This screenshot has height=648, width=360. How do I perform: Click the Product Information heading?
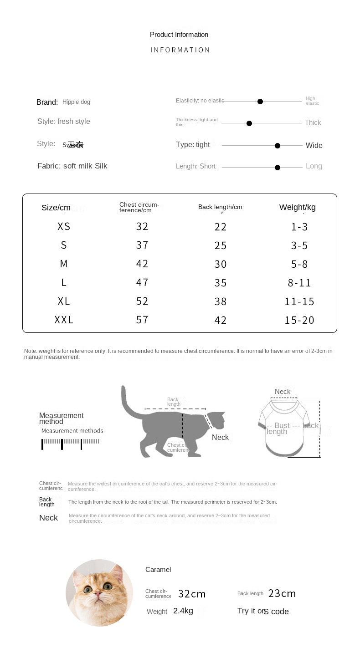pos(179,35)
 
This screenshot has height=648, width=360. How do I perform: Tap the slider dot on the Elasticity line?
pos(260,102)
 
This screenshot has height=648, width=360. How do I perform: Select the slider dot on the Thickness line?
pos(249,123)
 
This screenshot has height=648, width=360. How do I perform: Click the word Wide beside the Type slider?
pos(314,146)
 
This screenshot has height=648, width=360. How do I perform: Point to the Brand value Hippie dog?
pos(76,102)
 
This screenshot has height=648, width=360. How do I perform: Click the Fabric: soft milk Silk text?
pos(72,166)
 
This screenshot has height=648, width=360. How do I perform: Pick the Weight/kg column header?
pos(298,208)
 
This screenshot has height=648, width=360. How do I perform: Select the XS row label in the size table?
pos(64,227)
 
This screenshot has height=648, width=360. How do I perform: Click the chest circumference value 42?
pos(142,264)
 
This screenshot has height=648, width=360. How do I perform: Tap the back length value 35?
pos(221,283)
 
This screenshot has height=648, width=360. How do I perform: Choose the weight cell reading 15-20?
pos(299,321)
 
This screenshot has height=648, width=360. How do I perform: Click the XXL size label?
pos(64,320)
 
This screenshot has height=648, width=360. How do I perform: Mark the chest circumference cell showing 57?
pos(142,320)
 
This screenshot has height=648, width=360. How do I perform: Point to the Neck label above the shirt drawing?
pos(283,392)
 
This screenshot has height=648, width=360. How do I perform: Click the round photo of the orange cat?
pos(99,592)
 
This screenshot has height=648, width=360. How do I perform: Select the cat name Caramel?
pos(158,570)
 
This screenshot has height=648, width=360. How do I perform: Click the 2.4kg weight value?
pos(183,611)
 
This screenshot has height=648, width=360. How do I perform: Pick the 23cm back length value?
pos(282,594)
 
